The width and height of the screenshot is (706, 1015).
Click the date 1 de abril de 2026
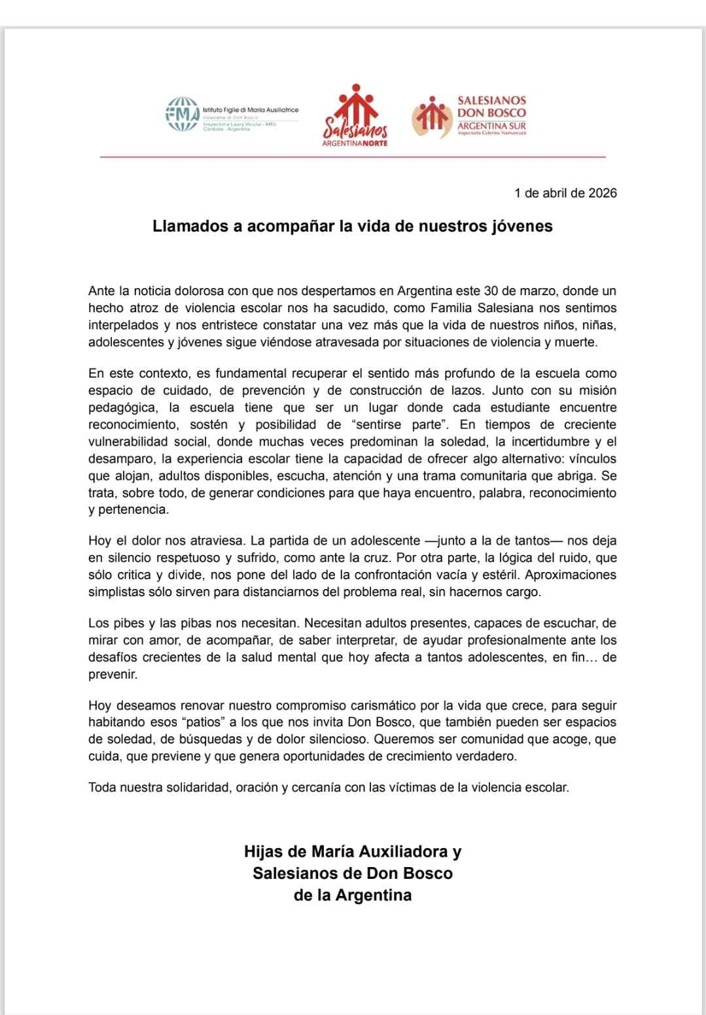pyautogui.click(x=565, y=193)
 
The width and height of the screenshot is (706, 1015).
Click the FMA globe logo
pyautogui.click(x=182, y=114)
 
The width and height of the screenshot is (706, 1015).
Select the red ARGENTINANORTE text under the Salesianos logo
pyautogui.click(x=355, y=143)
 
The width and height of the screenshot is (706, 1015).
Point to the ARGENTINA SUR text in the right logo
pyautogui.click(x=491, y=125)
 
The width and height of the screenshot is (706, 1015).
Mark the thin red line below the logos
pyautogui.click(x=353, y=157)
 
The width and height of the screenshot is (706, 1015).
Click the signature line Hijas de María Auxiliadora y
pyautogui.click(x=353, y=852)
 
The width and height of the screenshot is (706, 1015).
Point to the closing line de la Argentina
pyautogui.click(x=353, y=895)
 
